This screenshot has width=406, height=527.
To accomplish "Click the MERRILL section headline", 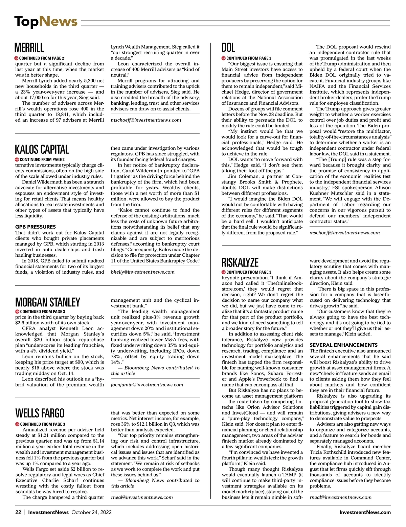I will tap(29, 48).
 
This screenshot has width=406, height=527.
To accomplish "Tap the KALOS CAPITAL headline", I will tap(42, 149).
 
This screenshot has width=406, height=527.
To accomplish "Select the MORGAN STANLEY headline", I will tap(47, 302).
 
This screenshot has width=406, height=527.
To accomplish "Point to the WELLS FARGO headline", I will tap(40, 413).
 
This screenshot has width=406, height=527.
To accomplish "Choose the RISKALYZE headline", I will tap(240, 262).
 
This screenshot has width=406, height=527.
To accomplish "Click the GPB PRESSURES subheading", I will tap(36, 227).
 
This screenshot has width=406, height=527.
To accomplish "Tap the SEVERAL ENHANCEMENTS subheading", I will tap(343, 345).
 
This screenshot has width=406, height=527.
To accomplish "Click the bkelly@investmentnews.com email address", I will tap(143, 272).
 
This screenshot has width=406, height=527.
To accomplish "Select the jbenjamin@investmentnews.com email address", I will tap(147, 384).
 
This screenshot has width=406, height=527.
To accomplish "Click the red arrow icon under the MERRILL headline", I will tap(17, 58).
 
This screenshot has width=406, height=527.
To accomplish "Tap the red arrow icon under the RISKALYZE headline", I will tap(224, 272).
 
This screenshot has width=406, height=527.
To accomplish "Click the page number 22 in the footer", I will tap(18, 512).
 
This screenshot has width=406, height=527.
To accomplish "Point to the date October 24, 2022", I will tap(91, 512).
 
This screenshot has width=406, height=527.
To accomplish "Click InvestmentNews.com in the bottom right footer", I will tap(365, 512).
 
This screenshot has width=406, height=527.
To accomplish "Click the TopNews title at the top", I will tap(46, 22).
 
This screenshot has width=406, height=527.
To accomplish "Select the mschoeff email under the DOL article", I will tap(344, 233).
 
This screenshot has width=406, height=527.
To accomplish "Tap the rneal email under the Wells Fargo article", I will tap(142, 497).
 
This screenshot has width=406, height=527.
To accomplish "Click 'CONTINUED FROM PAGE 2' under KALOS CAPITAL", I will tap(42, 159).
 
